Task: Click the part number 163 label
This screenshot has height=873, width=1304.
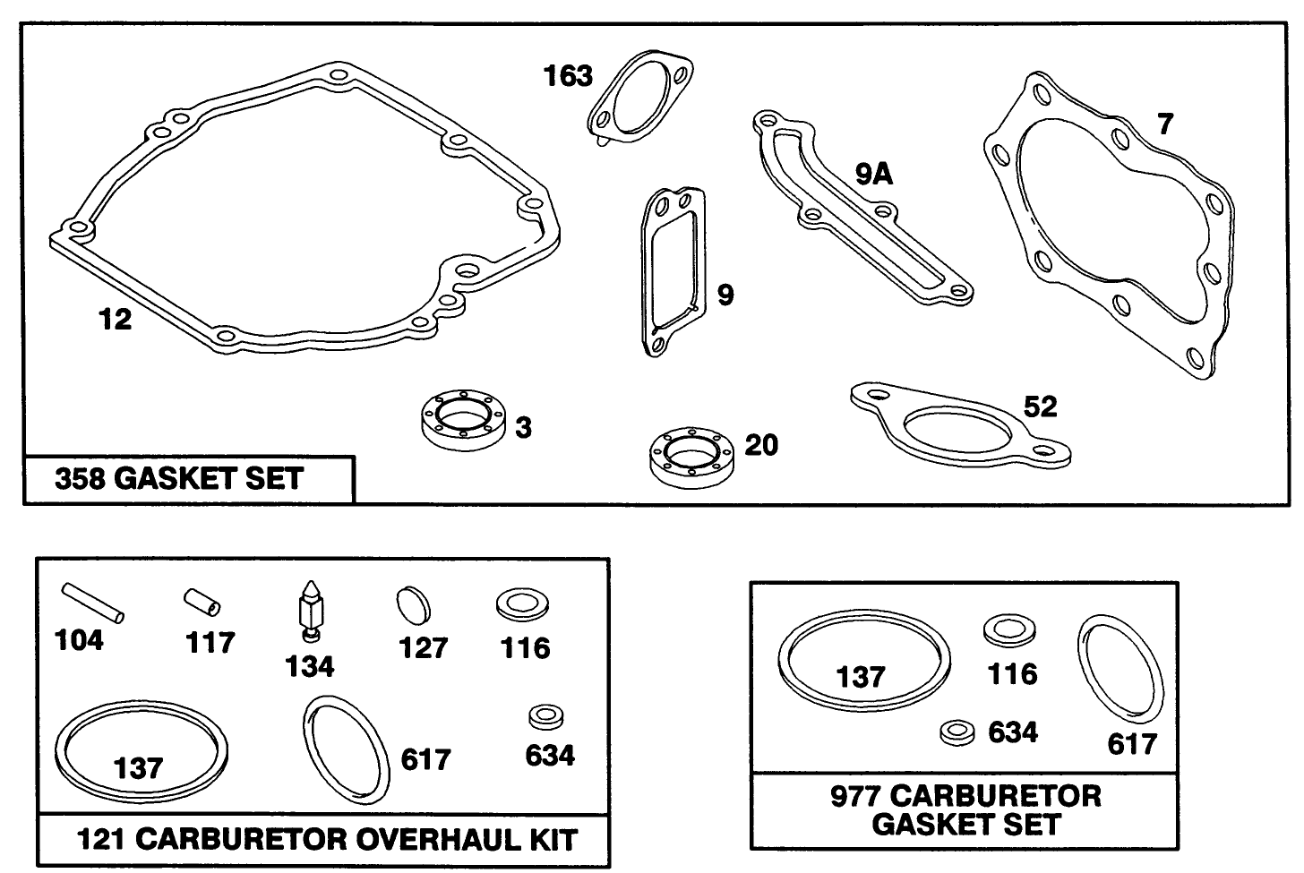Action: coord(568,76)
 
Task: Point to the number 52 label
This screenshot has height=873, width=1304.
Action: coord(1040,407)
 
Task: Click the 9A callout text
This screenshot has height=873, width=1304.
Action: coord(873,175)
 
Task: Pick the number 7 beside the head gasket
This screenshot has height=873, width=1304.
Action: coord(1163,124)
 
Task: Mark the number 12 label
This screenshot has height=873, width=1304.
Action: coord(115,319)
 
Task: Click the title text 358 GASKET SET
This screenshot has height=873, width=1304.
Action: coord(179,479)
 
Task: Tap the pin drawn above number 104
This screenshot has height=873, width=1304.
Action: coord(93,602)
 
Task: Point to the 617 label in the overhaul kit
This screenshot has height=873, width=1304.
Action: coord(425,759)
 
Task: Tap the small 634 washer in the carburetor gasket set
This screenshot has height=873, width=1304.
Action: coord(957,732)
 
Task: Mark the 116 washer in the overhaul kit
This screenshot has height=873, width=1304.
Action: coord(523,604)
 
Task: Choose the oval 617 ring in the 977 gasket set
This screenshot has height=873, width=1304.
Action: coord(1120,669)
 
